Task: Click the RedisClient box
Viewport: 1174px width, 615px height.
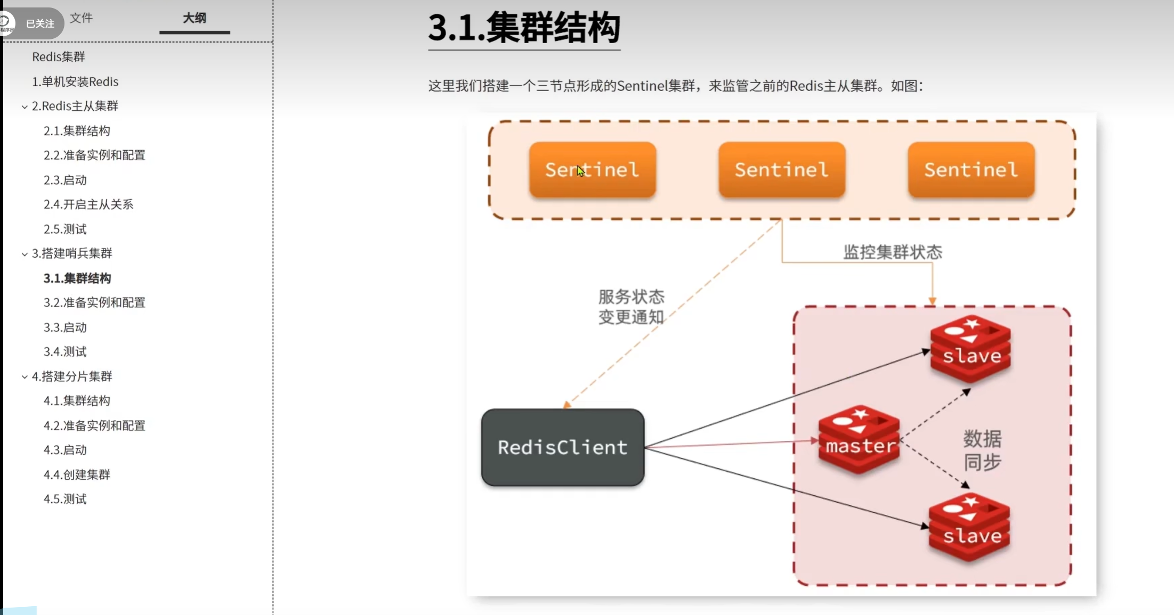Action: tap(562, 447)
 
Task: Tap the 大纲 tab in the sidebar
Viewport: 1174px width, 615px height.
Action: tap(195, 18)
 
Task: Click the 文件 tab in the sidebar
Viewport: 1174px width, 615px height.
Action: tap(82, 18)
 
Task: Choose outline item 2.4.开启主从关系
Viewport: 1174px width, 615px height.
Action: tap(88, 204)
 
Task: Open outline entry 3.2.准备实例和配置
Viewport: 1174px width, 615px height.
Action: tap(94, 302)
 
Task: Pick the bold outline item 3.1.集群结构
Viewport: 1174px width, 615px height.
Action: tap(77, 278)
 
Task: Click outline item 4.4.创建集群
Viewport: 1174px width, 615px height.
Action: tap(77, 474)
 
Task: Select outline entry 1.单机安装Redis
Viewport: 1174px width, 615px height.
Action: tap(75, 81)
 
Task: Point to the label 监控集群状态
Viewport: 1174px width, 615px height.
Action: tap(893, 252)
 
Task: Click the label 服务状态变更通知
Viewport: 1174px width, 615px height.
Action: tap(631, 307)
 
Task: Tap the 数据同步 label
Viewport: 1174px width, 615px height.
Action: tap(982, 450)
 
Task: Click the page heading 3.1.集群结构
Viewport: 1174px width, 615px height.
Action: tap(524, 28)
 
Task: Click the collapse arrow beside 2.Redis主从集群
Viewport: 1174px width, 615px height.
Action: tap(25, 106)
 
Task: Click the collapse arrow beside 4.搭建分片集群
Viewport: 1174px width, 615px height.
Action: tap(25, 377)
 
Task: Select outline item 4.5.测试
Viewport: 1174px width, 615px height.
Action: tap(65, 499)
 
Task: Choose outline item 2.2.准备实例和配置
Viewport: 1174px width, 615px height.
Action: tap(94, 155)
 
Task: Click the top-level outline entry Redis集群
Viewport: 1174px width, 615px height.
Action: tap(59, 56)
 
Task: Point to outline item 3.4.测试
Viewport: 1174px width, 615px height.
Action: tap(65, 351)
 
